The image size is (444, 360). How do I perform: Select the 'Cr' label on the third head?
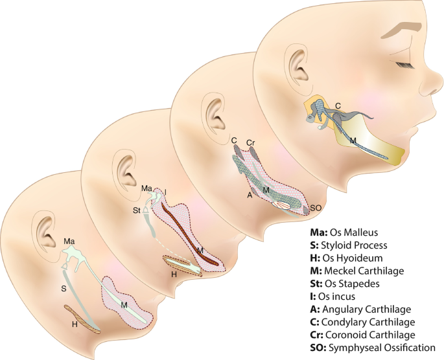[250, 142]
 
